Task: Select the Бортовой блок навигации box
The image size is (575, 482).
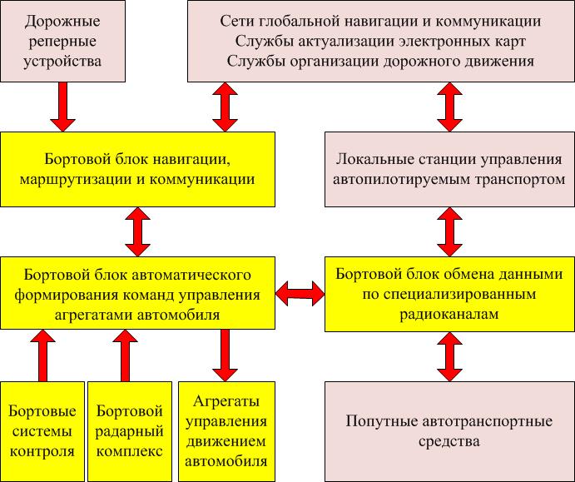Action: pyautogui.click(x=138, y=168)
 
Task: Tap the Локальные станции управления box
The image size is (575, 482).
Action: pyautogui.click(x=449, y=168)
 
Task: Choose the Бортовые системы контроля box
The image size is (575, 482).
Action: pyautogui.click(x=42, y=431)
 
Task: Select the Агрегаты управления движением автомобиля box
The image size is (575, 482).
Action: pyautogui.click(x=225, y=431)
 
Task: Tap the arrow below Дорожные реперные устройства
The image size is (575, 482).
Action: pyautogui.click(x=63, y=107)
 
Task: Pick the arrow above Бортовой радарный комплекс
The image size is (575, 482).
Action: pyautogui.click(x=126, y=355)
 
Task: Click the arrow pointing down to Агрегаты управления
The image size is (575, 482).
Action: pyautogui.click(x=224, y=355)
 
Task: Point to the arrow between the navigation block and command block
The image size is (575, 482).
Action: pyautogui.click(x=138, y=231)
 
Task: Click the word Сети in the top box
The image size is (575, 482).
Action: pyautogui.click(x=238, y=20)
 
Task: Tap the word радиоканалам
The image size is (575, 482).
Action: pyautogui.click(x=449, y=315)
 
